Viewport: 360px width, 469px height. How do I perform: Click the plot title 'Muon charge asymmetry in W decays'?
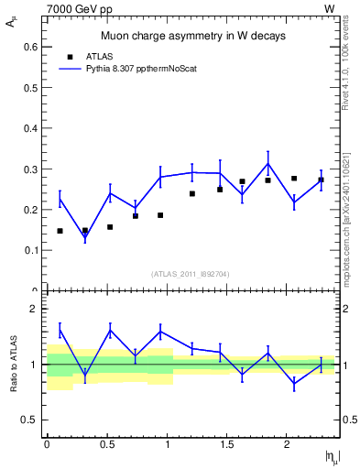(x=192, y=37)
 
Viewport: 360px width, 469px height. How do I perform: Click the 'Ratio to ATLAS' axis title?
(x=12, y=365)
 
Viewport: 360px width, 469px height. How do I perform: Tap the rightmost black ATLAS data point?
(x=321, y=180)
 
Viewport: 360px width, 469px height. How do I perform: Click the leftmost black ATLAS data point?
(x=60, y=231)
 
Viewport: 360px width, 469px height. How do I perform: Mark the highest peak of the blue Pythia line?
(x=267, y=164)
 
